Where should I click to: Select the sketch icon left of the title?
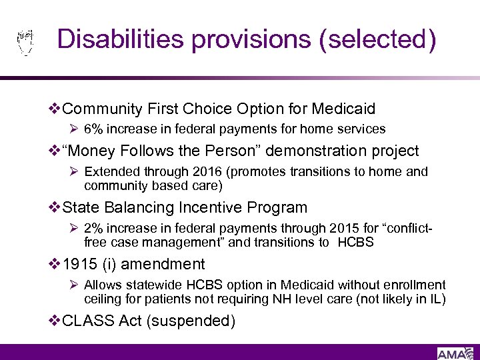coord(24,41)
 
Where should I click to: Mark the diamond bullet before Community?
coord(55,109)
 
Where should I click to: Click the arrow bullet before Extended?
coord(75,172)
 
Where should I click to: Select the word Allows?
coord(101,285)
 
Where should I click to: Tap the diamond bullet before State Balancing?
coord(55,207)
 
